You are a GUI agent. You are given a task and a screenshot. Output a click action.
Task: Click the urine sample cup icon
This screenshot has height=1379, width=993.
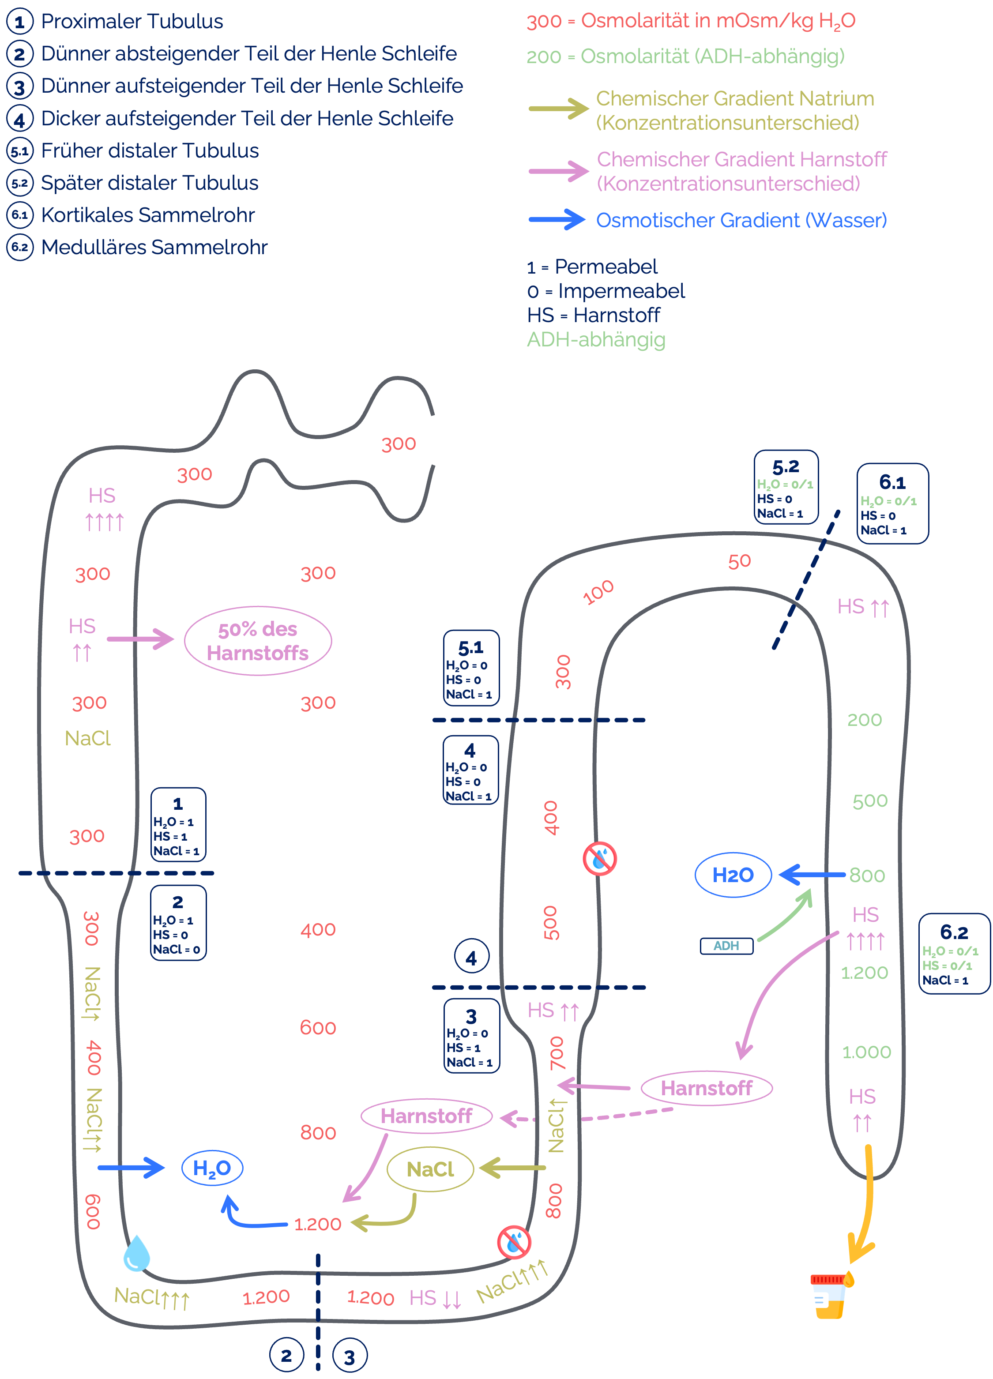pyautogui.click(x=831, y=1295)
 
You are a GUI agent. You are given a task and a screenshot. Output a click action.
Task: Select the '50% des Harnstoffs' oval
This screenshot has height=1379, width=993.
pyautogui.click(x=258, y=641)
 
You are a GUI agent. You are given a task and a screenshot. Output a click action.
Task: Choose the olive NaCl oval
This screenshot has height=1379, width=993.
pyautogui.click(x=430, y=1169)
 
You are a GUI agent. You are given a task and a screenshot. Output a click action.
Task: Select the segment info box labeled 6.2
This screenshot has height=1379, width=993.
pyautogui.click(x=953, y=953)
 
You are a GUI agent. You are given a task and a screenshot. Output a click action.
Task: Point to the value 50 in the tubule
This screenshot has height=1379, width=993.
pyautogui.click(x=739, y=561)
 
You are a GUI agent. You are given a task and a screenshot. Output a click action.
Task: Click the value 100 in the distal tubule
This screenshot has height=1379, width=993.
pyautogui.click(x=598, y=592)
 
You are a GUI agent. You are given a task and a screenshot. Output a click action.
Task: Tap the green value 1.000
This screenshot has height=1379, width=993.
pyautogui.click(x=866, y=1052)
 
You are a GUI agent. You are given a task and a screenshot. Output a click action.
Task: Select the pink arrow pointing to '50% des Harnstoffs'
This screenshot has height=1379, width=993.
pyautogui.click(x=140, y=639)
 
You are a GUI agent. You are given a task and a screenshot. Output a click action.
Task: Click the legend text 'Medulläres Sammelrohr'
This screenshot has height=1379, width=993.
pyautogui.click(x=154, y=248)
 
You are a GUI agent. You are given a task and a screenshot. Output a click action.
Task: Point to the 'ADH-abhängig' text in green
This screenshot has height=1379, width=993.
pyautogui.click(x=596, y=339)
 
